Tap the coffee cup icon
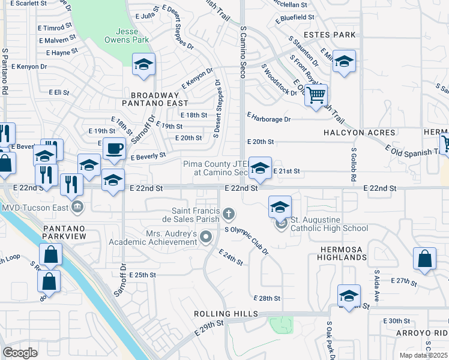coord(113,148)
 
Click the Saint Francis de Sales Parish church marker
coord(228,213)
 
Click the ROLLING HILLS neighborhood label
coord(225,314)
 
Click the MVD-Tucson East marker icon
coord(76,208)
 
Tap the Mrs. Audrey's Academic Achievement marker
coord(206,238)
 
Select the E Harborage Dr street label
coord(268,119)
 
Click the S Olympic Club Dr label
coord(246,240)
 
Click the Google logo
coord(20,353)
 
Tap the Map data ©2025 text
coord(424,355)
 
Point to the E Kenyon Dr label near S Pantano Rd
coord(28,67)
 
